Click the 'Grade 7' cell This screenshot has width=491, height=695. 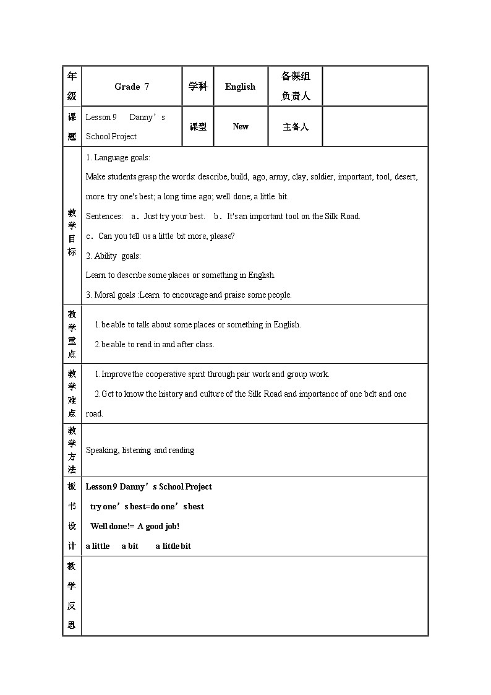pos(132,87)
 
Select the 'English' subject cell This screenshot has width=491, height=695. pos(240,87)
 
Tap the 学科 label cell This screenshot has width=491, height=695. pos(198,87)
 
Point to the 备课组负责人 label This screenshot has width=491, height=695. pos(296,86)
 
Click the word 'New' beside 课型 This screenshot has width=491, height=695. pos(241,126)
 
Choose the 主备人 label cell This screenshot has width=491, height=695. pos(295,127)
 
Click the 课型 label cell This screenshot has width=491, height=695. pos(198,127)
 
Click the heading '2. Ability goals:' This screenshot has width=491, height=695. pos(113,256)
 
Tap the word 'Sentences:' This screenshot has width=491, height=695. pos(105,217)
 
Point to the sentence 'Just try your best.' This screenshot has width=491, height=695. pos(174,217)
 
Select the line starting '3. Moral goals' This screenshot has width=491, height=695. pos(189,295)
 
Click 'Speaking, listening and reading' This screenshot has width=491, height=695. pos(140,451)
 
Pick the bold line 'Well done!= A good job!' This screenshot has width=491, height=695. pos(135,527)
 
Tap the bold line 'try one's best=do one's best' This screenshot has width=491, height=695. pos(147,507)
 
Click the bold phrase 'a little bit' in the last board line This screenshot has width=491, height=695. pos(173,546)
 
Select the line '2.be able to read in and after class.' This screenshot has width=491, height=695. pos(154,345)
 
